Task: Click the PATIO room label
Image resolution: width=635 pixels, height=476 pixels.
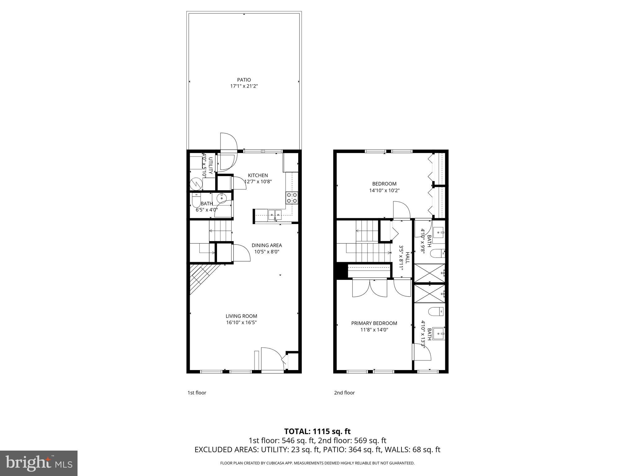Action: pos(244,80)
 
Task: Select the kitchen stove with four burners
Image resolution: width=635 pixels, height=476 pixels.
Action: pos(292,198)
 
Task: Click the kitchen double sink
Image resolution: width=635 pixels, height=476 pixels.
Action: pos(275,214)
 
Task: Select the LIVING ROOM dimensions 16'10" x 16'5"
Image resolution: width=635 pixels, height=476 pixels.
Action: pos(241,322)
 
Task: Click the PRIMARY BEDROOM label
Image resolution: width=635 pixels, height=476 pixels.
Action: pos(374,323)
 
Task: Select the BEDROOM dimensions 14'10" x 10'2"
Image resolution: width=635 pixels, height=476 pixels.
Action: pos(384,190)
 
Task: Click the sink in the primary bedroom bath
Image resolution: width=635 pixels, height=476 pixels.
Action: pos(438,334)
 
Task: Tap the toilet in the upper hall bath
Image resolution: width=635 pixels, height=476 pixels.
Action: pos(437,253)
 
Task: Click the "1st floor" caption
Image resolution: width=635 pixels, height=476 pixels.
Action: pos(197,393)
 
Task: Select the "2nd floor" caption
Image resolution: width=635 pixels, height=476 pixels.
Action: pos(344,393)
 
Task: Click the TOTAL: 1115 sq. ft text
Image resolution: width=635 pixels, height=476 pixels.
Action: pos(317,431)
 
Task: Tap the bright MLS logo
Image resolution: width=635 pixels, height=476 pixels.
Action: pos(39,463)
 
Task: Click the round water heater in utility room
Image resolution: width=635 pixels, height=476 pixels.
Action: pos(196,184)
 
